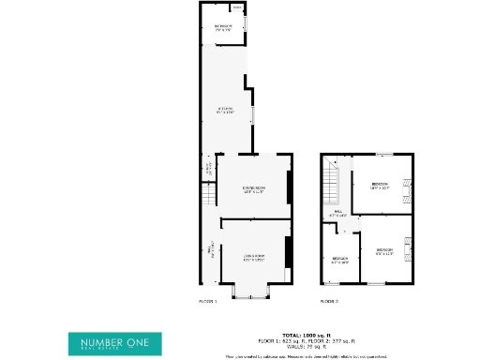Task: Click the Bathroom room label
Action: [222, 27]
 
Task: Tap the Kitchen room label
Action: [225, 112]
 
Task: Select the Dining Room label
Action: [254, 190]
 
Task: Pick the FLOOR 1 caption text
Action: [208, 302]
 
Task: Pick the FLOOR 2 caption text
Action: [328, 302]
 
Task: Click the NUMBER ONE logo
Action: [113, 342]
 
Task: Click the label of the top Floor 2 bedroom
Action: [380, 185]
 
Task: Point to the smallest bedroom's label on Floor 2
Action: [339, 260]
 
